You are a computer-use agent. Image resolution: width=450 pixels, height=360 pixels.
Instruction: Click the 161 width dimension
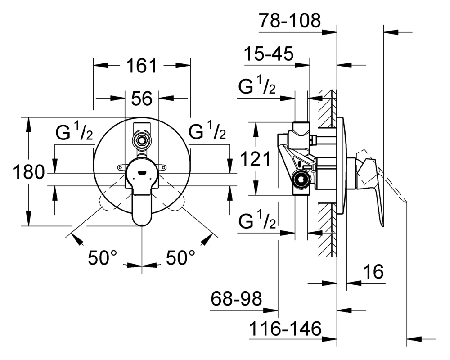[x=142, y=66]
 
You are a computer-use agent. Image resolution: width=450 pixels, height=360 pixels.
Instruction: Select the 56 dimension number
[x=142, y=99]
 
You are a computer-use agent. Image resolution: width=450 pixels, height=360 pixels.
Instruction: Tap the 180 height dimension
[x=29, y=172]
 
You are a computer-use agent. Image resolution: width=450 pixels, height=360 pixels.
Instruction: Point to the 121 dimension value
[x=255, y=159]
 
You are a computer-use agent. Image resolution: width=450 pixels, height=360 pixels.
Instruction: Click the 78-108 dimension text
[x=289, y=20]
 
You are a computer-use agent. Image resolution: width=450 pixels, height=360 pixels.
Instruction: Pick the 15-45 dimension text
[x=269, y=54]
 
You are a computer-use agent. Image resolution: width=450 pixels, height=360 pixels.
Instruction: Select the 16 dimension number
[x=373, y=271]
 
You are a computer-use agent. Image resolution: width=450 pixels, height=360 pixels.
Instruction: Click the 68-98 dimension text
[x=236, y=298]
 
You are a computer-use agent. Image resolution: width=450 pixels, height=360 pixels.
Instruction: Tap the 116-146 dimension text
[x=285, y=328]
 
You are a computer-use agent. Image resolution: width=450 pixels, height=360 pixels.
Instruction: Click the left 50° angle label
[x=103, y=257]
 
